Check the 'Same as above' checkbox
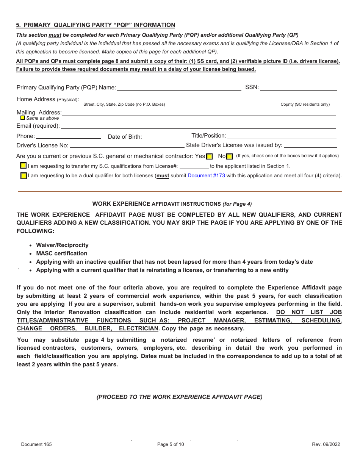[x=23, y=118]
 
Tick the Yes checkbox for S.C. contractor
[x=210, y=157]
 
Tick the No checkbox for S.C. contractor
[x=229, y=157]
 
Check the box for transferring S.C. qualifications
[x=23, y=166]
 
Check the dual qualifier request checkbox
[x=23, y=176]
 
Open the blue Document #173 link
[x=206, y=175]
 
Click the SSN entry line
[x=298, y=88]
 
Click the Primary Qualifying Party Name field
[x=179, y=88]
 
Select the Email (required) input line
[x=198, y=126]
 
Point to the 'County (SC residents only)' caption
[x=305, y=104]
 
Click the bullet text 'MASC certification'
[x=61, y=253]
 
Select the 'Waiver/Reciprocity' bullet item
[x=62, y=245]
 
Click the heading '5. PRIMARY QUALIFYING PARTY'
[x=95, y=25]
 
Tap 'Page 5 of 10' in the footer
[x=171, y=444]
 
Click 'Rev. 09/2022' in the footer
[x=326, y=444]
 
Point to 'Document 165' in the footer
[x=36, y=444]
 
